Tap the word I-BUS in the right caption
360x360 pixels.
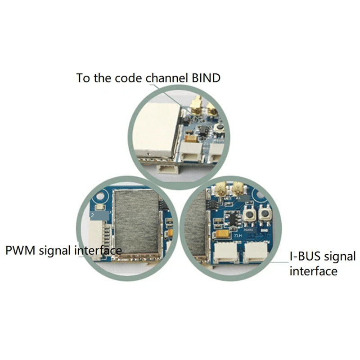tap(305, 257)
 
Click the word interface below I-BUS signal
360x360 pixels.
tap(313, 271)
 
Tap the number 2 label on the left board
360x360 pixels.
tap(92, 216)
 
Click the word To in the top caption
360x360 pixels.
tap(83, 78)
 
